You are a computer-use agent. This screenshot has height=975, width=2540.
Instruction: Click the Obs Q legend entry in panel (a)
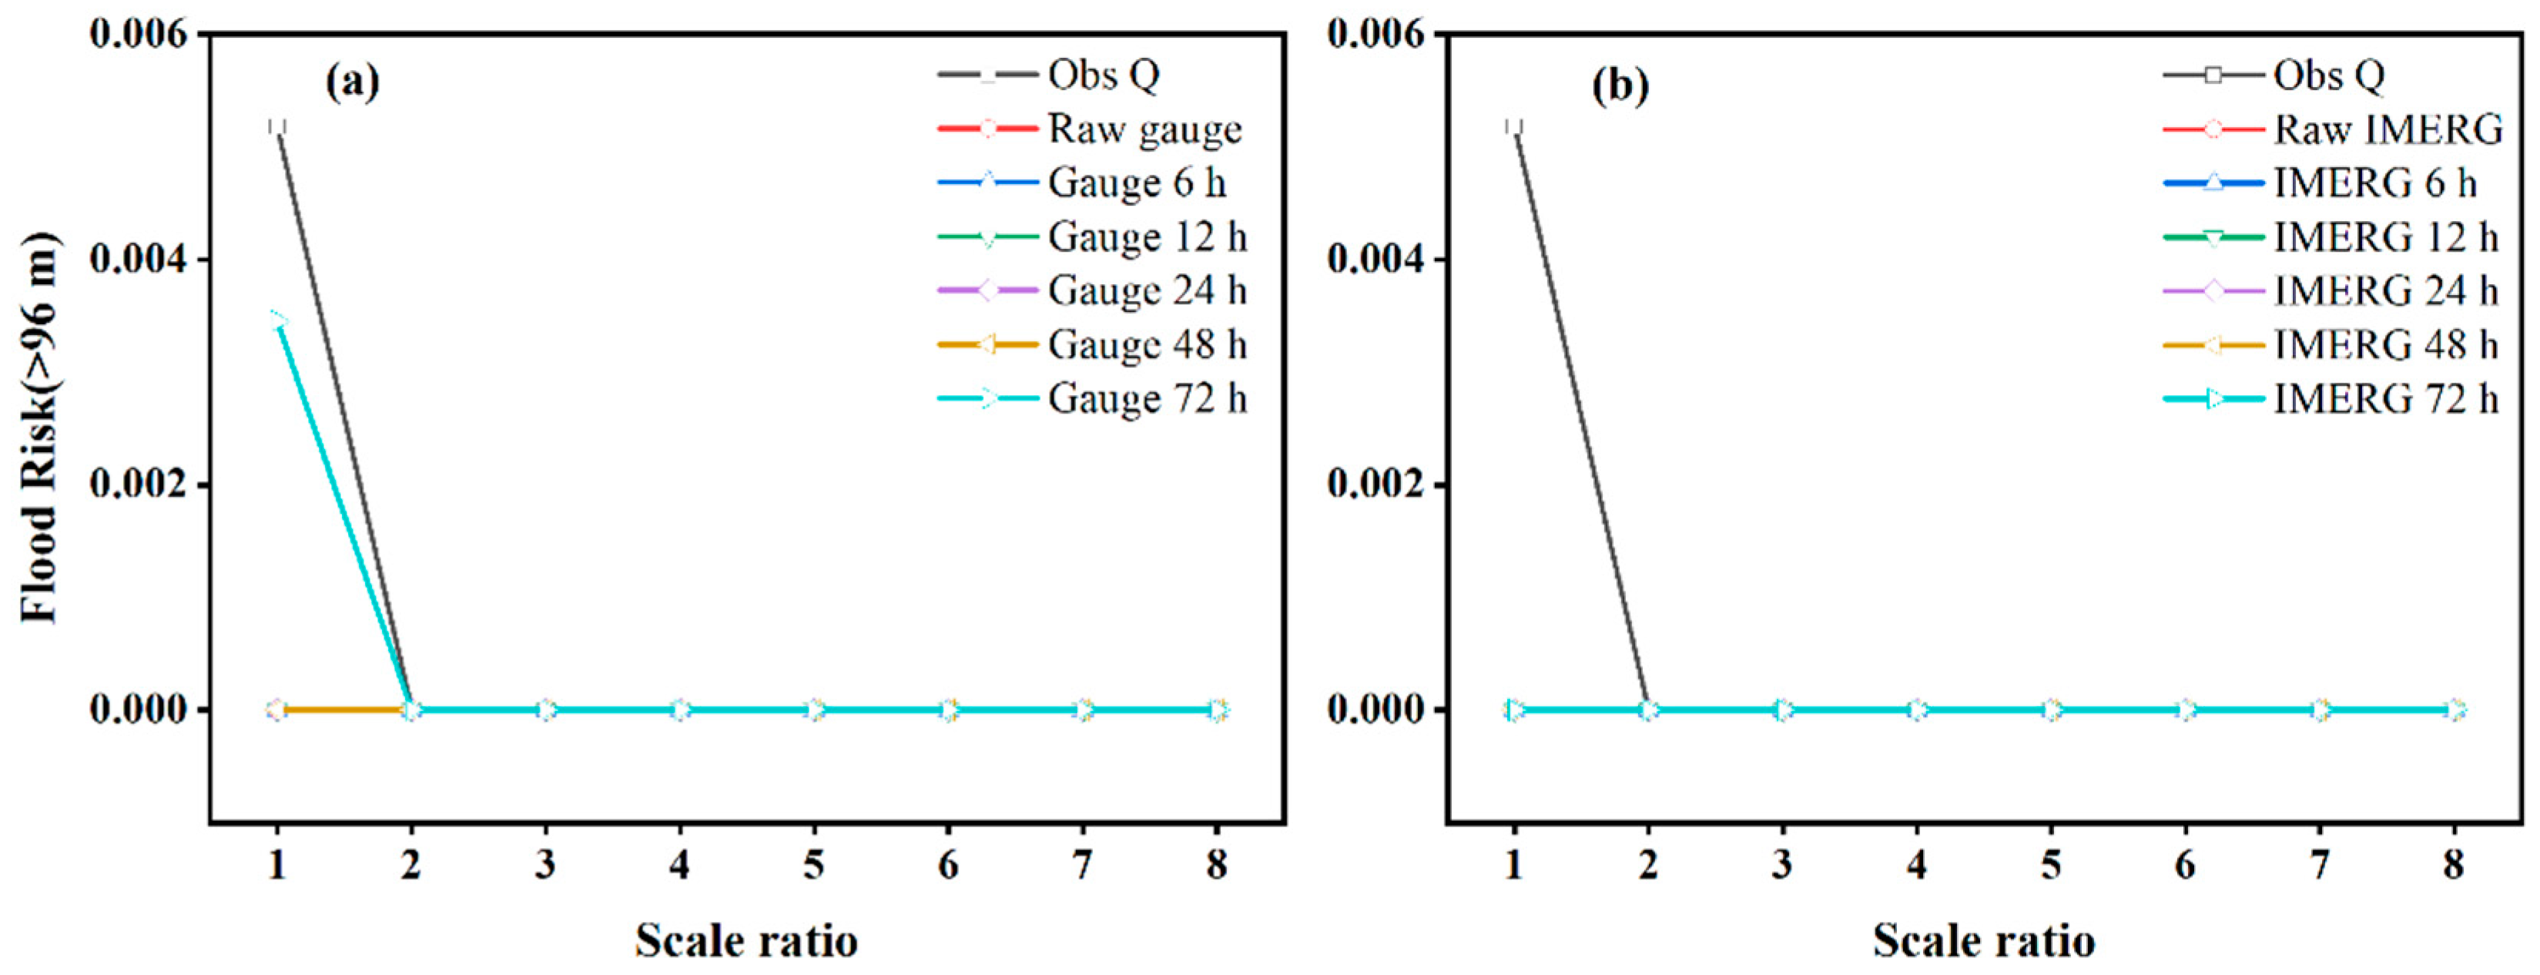click(1102, 75)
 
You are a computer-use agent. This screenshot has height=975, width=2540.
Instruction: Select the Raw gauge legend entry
click(1144, 129)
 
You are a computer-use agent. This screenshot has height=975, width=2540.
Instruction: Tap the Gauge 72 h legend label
click(1147, 399)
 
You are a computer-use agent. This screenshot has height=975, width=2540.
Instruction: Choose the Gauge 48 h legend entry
click(1147, 345)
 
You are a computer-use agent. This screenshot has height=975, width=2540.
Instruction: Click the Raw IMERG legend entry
click(2388, 129)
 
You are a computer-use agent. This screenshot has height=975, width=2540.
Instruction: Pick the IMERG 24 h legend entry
click(2385, 291)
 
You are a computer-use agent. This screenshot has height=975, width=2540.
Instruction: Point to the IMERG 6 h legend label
click(2374, 183)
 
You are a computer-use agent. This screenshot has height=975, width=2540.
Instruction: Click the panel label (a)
click(352, 83)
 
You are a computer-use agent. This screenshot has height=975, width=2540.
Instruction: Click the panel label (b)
click(1620, 85)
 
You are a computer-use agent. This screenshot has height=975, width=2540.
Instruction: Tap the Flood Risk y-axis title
click(39, 427)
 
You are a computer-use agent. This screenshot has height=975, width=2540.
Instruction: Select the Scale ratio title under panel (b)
click(1984, 940)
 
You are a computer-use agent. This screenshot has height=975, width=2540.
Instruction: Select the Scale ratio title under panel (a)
click(746, 940)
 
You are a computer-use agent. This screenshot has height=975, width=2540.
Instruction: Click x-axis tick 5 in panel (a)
click(813, 865)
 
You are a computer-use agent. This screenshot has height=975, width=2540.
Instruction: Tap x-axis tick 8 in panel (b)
click(2455, 865)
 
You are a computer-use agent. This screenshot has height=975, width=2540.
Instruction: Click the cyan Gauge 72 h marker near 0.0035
click(278, 320)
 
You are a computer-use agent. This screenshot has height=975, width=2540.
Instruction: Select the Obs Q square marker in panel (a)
click(277, 127)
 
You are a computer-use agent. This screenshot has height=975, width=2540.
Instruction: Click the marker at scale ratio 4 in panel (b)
click(1917, 710)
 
